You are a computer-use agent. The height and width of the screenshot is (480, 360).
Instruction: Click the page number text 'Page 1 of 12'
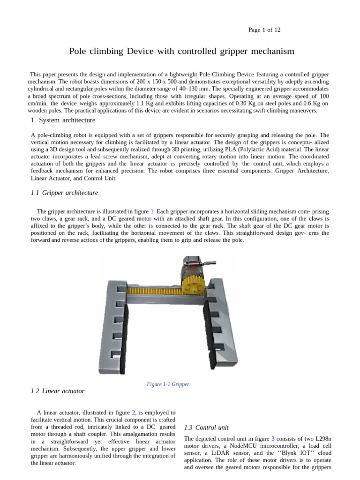click(x=264, y=30)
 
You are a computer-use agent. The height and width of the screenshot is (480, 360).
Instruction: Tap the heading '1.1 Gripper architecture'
click(x=64, y=193)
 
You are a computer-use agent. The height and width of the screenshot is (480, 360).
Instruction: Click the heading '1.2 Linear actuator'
click(x=58, y=390)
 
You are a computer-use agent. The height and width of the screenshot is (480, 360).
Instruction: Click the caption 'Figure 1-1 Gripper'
click(x=168, y=384)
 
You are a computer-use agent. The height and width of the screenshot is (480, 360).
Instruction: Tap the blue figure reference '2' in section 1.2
click(x=134, y=412)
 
